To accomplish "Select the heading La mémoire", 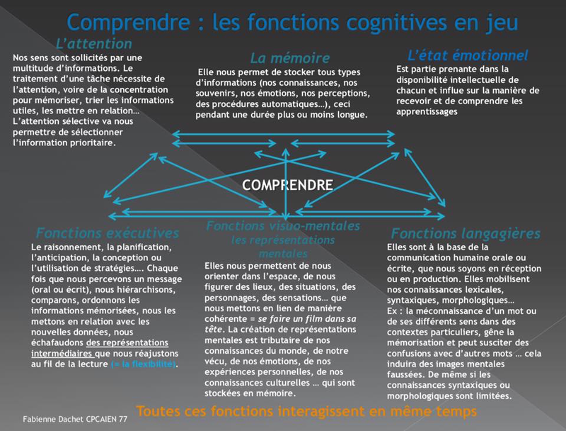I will point(290,57).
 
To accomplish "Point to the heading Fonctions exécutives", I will point(107,233).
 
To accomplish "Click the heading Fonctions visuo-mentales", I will point(283,226).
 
